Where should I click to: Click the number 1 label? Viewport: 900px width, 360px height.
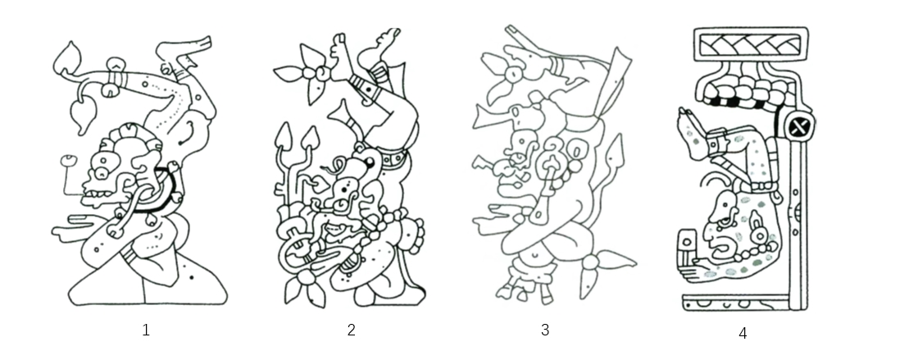146,330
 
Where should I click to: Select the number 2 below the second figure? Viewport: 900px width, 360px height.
352,330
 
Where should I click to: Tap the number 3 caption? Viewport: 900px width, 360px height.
545,330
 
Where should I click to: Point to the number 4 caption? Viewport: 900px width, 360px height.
743,333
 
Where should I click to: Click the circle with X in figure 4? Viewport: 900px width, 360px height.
798,125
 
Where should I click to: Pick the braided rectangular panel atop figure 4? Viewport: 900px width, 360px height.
751,44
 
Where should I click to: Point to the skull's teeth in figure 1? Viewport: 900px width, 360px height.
98,199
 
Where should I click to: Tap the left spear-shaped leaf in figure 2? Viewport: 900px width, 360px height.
283,139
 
